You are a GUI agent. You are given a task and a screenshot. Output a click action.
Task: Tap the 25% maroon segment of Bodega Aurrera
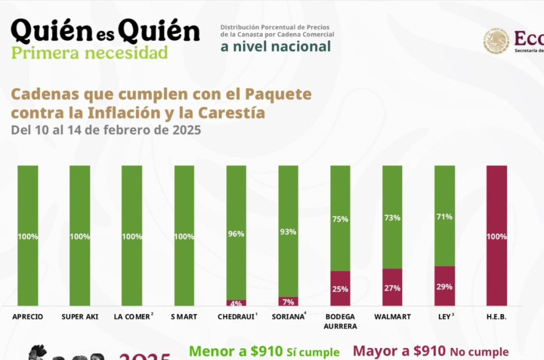340,288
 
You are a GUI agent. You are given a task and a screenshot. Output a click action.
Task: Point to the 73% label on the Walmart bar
392,218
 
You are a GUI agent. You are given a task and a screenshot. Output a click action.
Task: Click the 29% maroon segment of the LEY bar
444,286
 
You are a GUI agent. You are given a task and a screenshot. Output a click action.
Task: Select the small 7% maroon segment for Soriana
288,302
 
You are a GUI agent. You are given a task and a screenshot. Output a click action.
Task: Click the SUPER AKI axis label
80,317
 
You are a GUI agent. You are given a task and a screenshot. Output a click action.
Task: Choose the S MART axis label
184,317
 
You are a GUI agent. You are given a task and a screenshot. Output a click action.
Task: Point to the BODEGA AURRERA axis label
340,321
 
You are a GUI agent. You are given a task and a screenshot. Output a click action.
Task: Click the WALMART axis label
392,317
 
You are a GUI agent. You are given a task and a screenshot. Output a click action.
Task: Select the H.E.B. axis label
496,317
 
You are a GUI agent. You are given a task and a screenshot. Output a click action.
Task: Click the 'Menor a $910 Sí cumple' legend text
264,352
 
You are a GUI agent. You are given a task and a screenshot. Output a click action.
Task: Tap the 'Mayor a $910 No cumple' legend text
431,352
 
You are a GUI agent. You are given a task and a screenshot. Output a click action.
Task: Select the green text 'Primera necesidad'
89,53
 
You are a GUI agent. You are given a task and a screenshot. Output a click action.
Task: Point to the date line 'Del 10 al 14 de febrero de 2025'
106,130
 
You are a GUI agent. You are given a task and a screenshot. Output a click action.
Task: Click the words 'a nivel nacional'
276,46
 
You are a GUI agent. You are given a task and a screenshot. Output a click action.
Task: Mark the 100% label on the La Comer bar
132,237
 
